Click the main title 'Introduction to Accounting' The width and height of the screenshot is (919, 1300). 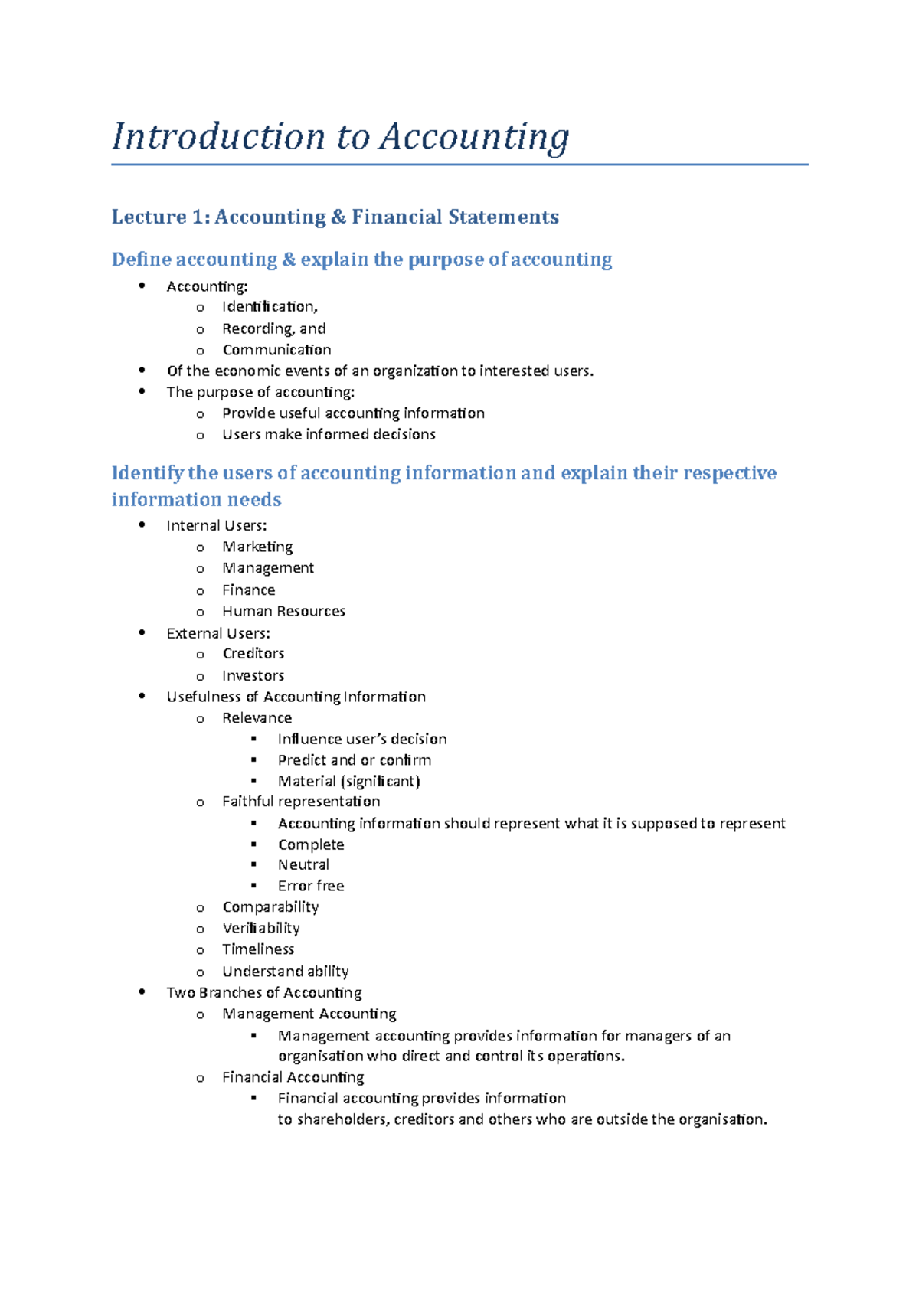coord(340,137)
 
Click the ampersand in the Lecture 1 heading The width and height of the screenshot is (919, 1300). coord(338,217)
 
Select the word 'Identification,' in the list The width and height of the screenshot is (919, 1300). coord(270,307)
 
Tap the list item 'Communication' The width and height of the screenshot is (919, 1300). coord(276,350)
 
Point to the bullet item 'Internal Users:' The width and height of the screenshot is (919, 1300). coord(217,526)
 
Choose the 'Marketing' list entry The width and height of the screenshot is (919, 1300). coord(257,547)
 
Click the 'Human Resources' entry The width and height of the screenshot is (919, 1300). coord(283,611)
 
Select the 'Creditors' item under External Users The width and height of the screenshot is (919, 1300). coord(253,653)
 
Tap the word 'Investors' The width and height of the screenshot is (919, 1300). coord(253,675)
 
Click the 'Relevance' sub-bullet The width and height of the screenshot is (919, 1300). coord(257,718)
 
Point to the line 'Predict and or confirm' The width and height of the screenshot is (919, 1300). coord(354,760)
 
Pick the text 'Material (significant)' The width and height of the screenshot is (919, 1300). coord(348,782)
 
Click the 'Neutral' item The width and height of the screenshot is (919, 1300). coord(303,865)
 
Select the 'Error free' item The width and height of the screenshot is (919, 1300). coord(310,886)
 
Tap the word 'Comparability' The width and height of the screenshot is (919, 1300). coord(270,907)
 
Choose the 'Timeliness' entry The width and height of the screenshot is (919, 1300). coord(258,949)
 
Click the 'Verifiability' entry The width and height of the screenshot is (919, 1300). coord(260,928)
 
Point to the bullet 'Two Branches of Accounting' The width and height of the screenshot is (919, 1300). coord(264,993)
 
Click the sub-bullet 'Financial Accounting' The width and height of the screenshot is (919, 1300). coord(293,1077)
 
